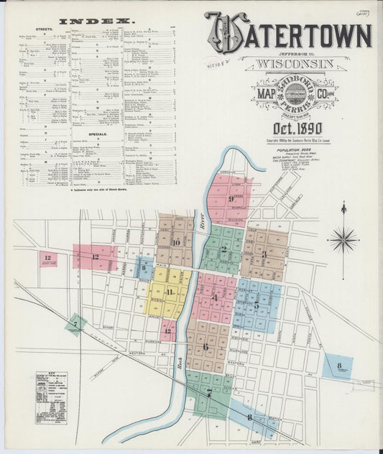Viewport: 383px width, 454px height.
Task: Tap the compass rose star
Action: pyautogui.click(x=343, y=239)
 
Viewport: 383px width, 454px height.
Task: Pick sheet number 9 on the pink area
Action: pyautogui.click(x=231, y=198)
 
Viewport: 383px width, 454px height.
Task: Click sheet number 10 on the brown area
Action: pyautogui.click(x=176, y=243)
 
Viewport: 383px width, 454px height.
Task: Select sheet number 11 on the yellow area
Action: pyautogui.click(x=170, y=292)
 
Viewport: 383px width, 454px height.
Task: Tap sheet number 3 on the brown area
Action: pyautogui.click(x=264, y=254)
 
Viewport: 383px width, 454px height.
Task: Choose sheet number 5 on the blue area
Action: pyautogui.click(x=256, y=305)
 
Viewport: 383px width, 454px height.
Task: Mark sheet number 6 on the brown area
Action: pyautogui.click(x=206, y=346)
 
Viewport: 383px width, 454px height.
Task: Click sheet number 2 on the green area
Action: pyautogui.click(x=223, y=250)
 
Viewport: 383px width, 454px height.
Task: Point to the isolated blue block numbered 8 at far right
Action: pyautogui.click(x=338, y=366)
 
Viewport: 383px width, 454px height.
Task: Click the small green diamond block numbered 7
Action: pyautogui.click(x=75, y=325)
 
